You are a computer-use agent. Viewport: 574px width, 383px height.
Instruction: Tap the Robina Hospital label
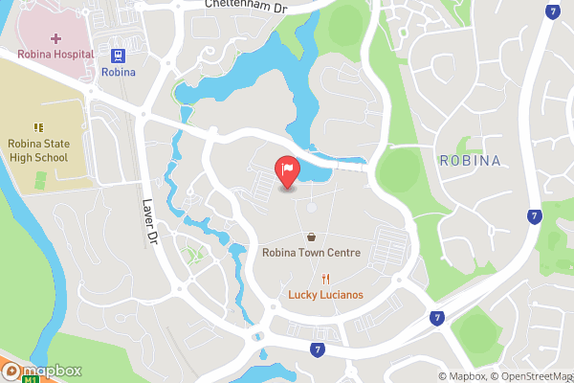click(x=55, y=55)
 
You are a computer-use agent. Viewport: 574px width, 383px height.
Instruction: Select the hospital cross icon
click(x=55, y=37)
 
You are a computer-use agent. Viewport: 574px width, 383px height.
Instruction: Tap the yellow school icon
click(x=39, y=127)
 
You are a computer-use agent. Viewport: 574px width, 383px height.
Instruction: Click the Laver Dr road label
click(x=149, y=222)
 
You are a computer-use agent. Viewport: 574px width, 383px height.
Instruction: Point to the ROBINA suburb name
click(x=471, y=160)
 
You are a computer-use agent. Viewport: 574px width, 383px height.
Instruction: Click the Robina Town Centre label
click(x=312, y=253)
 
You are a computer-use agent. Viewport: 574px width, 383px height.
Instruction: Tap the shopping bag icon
click(x=312, y=237)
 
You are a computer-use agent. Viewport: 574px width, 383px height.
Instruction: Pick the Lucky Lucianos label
click(x=326, y=295)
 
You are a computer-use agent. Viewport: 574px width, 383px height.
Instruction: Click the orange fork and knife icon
click(x=326, y=279)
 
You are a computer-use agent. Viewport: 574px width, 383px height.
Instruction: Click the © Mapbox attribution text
click(x=462, y=376)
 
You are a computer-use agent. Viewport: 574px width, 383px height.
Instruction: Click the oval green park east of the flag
click(x=397, y=170)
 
